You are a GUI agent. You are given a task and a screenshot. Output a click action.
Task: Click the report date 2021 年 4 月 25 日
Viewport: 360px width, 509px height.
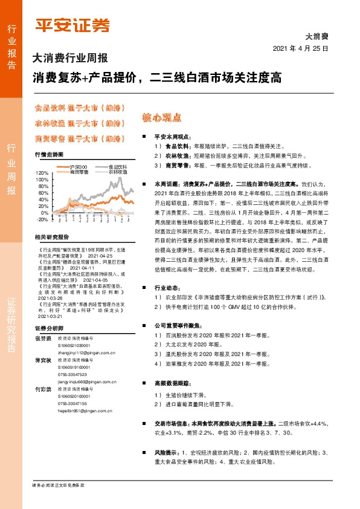pos(300,48)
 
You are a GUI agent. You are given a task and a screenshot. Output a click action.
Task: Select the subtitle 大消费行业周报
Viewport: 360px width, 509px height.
pos(69,59)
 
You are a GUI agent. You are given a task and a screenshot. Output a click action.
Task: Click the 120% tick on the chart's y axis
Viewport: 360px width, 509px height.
pos(42,173)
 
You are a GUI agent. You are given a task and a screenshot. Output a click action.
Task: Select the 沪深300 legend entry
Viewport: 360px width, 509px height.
pos(79,167)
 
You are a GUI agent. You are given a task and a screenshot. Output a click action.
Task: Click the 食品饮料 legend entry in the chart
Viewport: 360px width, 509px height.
pos(118,167)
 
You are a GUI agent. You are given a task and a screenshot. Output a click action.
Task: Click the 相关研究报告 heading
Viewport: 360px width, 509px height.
pos(52,237)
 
